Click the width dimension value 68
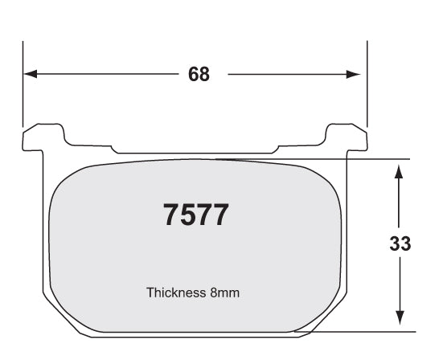(199, 74)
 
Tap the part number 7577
(197, 215)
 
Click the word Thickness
(174, 293)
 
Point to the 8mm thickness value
(224, 293)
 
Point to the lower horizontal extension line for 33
(362, 331)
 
